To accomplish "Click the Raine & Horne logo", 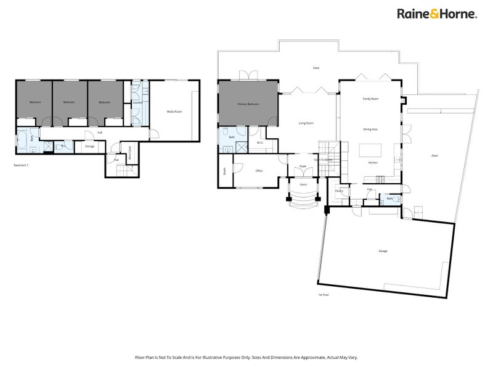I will tap(436, 14).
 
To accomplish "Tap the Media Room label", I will tap(174, 112).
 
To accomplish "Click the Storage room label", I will tap(90, 146).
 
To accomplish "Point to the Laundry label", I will tap(137, 103).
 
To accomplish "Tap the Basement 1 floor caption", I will tap(21, 165).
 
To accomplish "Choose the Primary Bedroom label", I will tap(248, 105).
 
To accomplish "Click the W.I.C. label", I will tap(260, 143).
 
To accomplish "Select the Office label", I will tap(259, 171).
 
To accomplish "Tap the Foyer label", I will tap(303, 166).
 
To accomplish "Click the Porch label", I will tap(303, 184).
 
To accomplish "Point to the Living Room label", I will tap(306, 123).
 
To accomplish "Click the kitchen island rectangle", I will tap(370, 150).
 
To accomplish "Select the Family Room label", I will tap(370, 99).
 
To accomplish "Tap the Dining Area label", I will tap(370, 129).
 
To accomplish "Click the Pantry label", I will tap(339, 191).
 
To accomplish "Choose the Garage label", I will tap(383, 251).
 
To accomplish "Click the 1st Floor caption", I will tap(324, 295).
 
